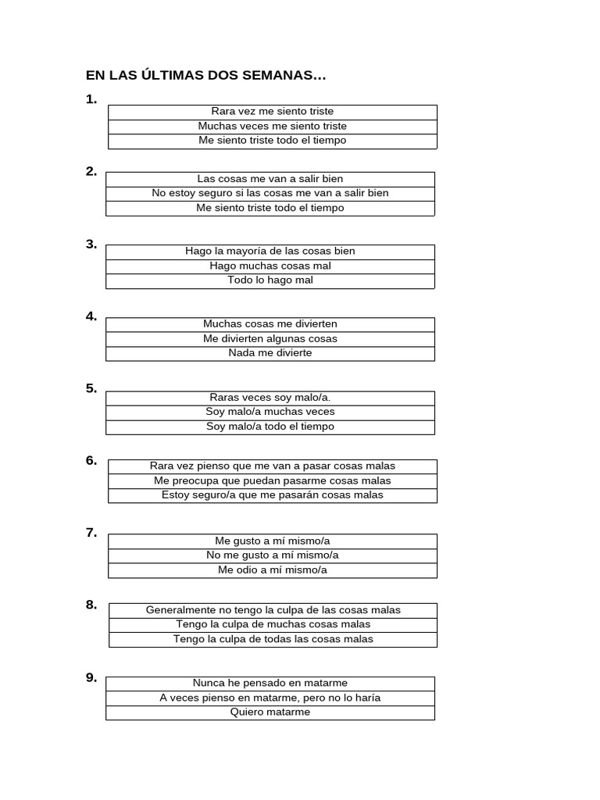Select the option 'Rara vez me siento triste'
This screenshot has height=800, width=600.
click(x=272, y=112)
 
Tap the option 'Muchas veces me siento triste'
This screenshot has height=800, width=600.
click(x=272, y=126)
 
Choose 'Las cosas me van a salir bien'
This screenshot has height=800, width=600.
click(x=270, y=179)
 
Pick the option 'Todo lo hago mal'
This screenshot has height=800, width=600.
click(x=270, y=280)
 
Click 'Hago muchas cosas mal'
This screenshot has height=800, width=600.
click(x=270, y=266)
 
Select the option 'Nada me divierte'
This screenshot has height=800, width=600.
click(x=270, y=353)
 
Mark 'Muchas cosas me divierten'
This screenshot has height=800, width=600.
click(x=270, y=324)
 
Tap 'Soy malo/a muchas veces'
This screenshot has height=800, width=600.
click(x=270, y=412)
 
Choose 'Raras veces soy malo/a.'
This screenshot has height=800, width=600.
click(x=270, y=398)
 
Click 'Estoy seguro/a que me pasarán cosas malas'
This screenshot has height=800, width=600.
click(x=272, y=495)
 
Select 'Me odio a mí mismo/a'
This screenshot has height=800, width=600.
click(x=272, y=570)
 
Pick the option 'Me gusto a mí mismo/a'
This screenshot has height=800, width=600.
click(x=272, y=541)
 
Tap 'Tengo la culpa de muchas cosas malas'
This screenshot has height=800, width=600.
click(x=273, y=624)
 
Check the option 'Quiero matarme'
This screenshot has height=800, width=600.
click(x=270, y=712)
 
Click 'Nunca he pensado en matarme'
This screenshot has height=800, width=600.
click(x=270, y=684)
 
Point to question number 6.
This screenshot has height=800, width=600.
click(x=91, y=461)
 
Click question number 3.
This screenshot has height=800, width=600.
click(x=91, y=244)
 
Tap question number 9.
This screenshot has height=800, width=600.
click(x=91, y=677)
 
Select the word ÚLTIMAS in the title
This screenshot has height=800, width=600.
click(x=166, y=76)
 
